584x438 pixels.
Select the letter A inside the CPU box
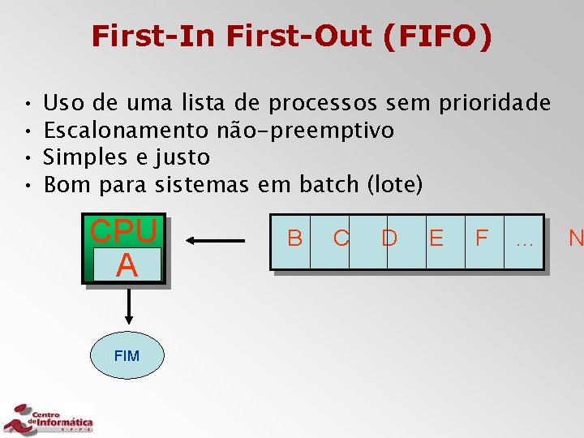point(126,265)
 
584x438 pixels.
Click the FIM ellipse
point(127,355)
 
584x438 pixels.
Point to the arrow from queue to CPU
point(216,240)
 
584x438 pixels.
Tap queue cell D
point(389,238)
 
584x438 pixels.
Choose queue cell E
point(436,238)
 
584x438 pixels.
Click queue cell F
point(482,238)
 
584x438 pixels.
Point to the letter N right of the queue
point(576,238)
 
